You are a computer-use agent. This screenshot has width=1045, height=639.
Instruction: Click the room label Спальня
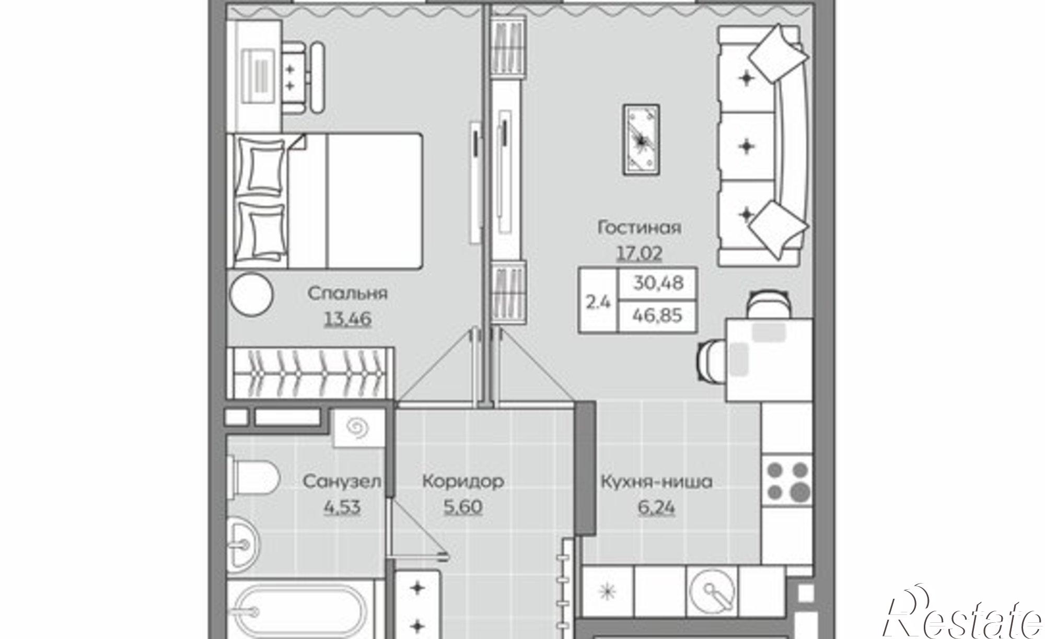347,293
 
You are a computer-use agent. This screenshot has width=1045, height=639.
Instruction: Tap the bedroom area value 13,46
347,318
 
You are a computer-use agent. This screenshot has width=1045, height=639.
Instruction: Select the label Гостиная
639,228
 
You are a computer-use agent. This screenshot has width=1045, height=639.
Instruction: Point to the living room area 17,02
639,253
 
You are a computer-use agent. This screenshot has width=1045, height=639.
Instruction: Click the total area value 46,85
657,316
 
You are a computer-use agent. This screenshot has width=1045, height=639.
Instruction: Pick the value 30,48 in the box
658,283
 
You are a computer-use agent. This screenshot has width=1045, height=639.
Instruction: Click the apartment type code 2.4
598,301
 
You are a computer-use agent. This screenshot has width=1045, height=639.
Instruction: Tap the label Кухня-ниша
656,481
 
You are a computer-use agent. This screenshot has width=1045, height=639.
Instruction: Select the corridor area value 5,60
462,506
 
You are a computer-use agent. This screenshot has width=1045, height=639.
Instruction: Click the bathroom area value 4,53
342,507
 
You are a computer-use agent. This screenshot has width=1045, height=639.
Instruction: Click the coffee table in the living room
641,139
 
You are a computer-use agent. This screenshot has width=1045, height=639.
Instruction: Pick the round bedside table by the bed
251,294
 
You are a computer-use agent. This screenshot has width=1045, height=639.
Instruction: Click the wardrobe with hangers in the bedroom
309,374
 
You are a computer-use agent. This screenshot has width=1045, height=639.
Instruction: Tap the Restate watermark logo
961,617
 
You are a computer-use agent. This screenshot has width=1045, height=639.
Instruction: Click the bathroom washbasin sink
243,545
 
